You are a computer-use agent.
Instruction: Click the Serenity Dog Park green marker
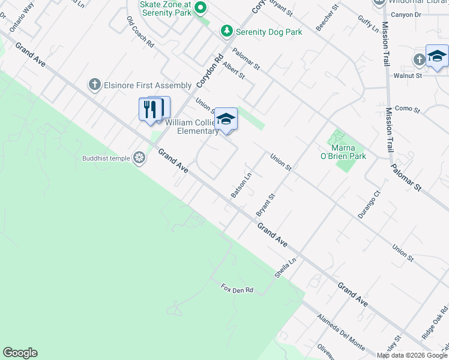226,31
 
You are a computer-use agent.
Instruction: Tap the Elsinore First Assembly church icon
94,85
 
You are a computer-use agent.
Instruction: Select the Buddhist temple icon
139,158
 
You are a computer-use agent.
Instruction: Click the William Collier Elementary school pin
226,118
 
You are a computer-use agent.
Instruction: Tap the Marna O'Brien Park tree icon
338,137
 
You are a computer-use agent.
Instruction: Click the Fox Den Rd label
237,289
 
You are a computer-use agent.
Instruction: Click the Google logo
20,353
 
